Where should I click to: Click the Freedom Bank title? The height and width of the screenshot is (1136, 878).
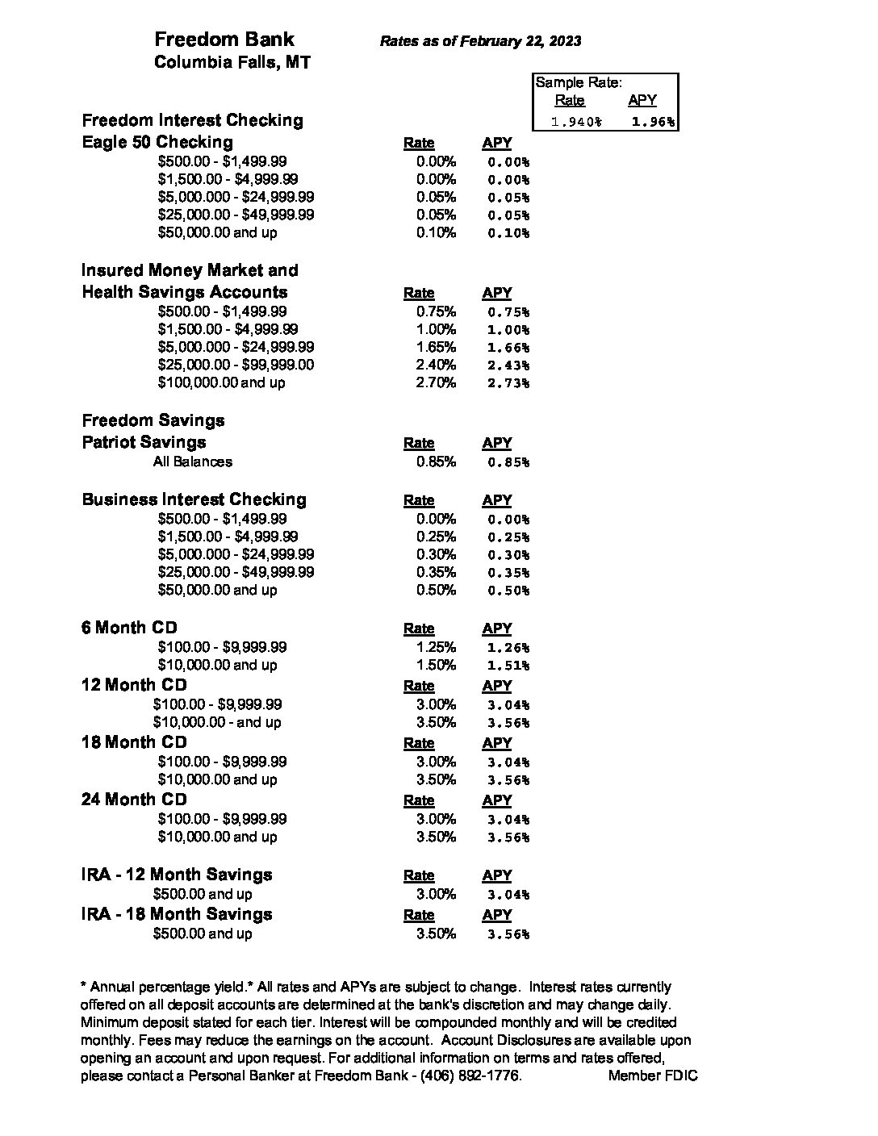click(x=224, y=40)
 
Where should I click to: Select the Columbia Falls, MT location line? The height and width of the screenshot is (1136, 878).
click(x=232, y=63)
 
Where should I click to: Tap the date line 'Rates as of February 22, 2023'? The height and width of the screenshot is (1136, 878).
click(x=480, y=41)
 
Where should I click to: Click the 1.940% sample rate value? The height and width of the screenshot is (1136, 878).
click(x=575, y=122)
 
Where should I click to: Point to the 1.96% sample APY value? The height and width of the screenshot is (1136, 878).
click(x=654, y=122)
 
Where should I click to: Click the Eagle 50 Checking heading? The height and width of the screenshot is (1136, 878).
click(x=157, y=143)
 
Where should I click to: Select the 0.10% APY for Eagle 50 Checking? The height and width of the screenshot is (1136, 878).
click(x=508, y=233)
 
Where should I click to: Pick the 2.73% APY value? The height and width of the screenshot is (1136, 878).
click(x=508, y=383)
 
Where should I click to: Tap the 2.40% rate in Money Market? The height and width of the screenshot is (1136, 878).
click(x=436, y=365)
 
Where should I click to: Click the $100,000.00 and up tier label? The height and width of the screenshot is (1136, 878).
click(x=221, y=382)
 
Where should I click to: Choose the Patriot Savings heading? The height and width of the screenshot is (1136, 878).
click(x=144, y=442)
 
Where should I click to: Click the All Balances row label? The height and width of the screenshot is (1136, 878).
click(x=193, y=461)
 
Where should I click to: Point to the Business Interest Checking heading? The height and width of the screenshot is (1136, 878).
click(x=194, y=499)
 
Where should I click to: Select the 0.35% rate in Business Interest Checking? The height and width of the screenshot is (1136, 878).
click(x=436, y=572)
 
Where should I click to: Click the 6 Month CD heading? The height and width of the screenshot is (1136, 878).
click(x=129, y=628)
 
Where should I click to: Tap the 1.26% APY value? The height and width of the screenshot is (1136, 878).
click(x=508, y=648)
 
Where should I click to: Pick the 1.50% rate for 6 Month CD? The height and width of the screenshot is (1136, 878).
click(x=436, y=665)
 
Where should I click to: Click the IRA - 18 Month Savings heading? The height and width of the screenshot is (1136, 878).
click(x=177, y=914)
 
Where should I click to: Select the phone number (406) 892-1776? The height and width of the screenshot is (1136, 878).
click(x=470, y=1076)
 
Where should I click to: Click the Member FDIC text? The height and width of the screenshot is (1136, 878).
click(x=653, y=1076)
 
